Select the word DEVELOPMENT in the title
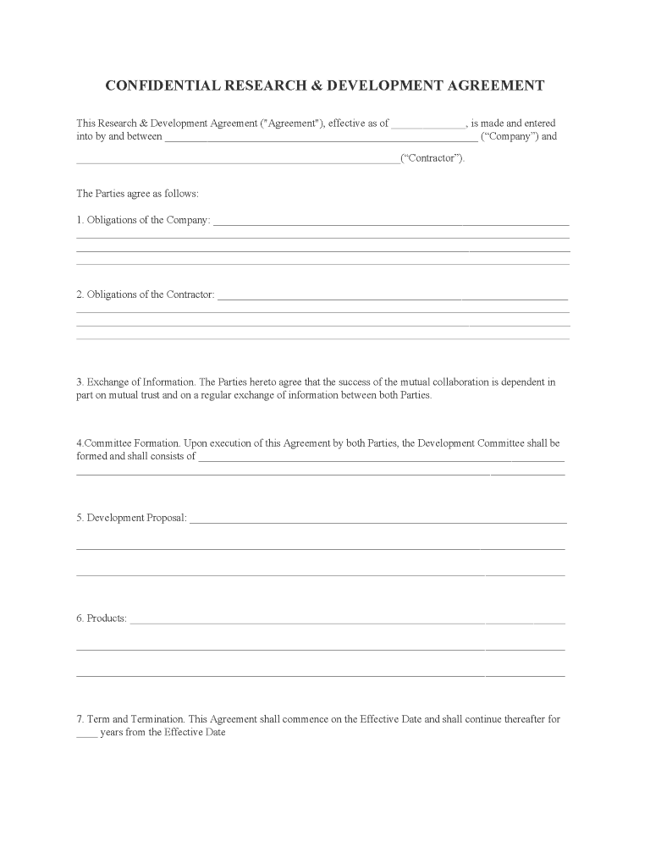[385, 85]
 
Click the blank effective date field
[428, 124]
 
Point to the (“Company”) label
[519, 136]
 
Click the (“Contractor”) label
[432, 159]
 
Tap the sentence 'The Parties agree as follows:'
[137, 194]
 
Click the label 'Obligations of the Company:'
[148, 220]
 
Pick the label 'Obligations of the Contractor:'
[151, 294]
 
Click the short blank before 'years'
[87, 734]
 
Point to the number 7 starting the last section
[80, 719]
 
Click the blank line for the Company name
[321, 138]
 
